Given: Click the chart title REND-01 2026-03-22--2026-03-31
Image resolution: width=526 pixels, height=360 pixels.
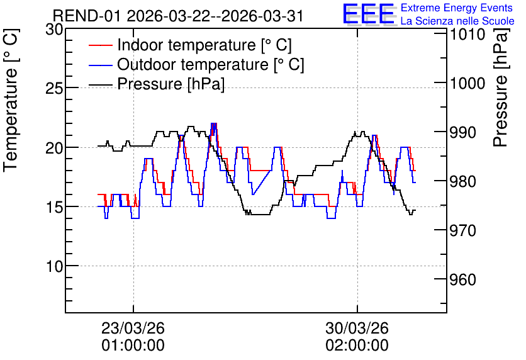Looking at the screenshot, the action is pos(178,16).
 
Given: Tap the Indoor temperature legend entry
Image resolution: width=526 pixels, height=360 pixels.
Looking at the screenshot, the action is pos(190,45).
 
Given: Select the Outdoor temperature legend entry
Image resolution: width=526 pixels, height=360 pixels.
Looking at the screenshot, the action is pos(196,64).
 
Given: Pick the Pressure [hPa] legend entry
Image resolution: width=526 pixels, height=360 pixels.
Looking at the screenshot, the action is pos(157,84).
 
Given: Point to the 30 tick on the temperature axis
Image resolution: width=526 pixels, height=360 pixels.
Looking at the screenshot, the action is pos(54,30).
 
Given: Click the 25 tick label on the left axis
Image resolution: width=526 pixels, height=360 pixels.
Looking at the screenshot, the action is pos(54,89).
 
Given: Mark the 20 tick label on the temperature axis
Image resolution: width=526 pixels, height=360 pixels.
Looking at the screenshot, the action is pos(54,148).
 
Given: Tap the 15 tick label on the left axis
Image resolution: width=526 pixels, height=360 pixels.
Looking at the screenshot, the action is pos(54,207).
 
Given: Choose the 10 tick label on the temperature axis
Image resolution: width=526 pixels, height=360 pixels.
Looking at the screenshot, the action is pos(54,266).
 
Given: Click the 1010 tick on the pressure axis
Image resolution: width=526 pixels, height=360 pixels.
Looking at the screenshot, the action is pos(467,34).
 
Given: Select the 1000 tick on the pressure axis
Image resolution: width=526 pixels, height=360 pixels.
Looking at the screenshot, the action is pos(467,83).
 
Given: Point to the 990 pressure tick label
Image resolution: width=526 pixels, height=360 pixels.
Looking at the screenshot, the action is pos(463,133).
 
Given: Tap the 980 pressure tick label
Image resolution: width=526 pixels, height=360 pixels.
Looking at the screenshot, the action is pos(463,181).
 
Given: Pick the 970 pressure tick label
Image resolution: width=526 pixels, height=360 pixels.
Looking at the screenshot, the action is pos(463,230).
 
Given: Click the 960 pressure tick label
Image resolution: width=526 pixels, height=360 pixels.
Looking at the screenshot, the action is pos(463,279).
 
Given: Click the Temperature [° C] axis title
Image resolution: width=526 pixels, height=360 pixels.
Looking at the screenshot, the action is pos(11,101).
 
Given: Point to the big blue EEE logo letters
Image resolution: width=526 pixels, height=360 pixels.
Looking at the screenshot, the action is pos(368,14).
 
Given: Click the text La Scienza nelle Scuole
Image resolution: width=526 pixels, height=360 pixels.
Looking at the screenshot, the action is pos(457,21).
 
